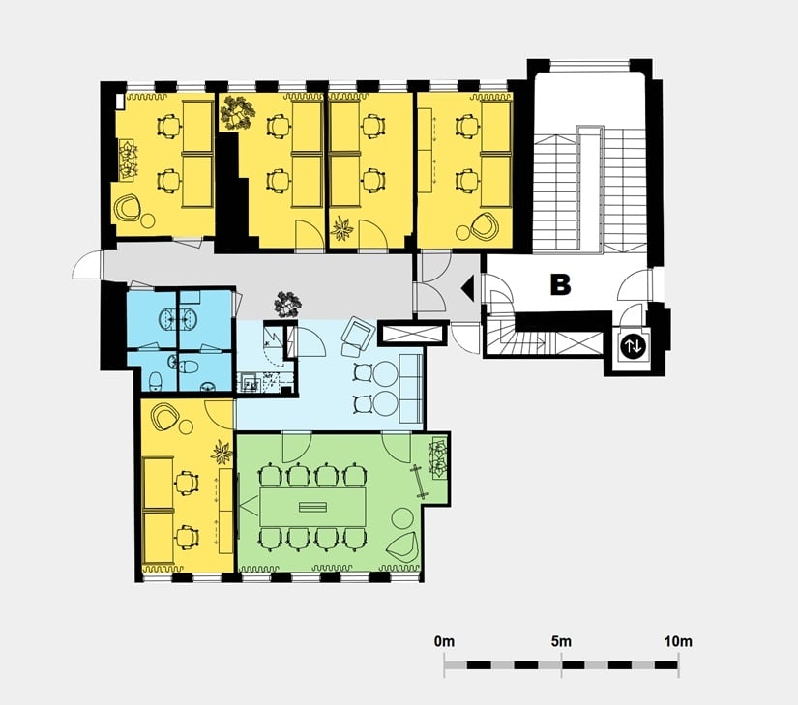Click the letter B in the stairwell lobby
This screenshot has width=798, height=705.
pos(560,284)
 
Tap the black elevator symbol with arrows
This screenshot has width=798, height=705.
pos(634,346)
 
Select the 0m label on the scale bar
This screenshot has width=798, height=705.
pos(444,641)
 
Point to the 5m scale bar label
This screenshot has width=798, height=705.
pos(561,641)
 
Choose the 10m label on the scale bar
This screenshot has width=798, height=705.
pos(678,641)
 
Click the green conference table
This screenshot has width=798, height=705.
pos(313,507)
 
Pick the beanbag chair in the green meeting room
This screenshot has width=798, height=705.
pos(403,549)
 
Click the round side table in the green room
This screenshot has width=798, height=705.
pos(402,518)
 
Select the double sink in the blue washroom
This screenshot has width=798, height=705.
pos(179,319)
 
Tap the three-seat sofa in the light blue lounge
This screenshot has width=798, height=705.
pos(411,389)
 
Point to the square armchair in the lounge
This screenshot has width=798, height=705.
pos(357,335)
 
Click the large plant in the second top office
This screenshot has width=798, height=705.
pos(237,112)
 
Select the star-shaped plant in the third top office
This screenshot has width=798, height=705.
pos(342,228)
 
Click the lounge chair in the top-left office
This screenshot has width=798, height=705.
pos(128,208)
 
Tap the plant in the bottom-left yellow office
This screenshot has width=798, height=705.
pos(222,453)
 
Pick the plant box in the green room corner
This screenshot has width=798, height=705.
pos(439,457)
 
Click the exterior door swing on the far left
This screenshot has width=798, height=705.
pos(88,265)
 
